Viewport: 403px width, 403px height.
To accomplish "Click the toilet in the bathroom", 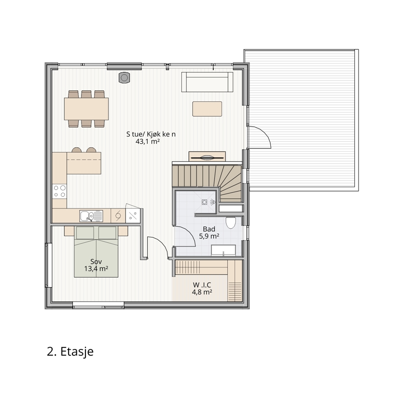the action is [231, 222].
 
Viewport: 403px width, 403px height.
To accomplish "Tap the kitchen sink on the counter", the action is [91, 216].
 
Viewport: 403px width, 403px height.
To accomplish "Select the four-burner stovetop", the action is [60, 192].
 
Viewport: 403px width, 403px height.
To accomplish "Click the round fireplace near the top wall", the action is [124, 78].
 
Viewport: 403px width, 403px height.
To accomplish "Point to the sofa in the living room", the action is [207, 82].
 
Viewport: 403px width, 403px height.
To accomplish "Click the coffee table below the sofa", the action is [207, 109].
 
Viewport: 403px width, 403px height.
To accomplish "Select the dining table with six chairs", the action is [86, 109].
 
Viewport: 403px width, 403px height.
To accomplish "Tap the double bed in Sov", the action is [96, 251].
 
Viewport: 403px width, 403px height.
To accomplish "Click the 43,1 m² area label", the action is [148, 141].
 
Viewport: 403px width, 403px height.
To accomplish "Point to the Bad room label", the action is [209, 229].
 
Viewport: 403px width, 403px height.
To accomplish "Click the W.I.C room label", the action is [202, 285].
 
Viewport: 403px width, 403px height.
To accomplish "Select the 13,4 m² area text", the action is [96, 269].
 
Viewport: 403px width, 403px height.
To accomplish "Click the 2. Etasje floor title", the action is [70, 351].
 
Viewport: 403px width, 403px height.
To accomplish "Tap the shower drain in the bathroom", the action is [204, 202].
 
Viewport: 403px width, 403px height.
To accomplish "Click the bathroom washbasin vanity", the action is [223, 250].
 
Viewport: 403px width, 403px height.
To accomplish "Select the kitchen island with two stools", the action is [84, 161].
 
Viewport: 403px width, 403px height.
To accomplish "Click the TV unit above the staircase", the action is [207, 156].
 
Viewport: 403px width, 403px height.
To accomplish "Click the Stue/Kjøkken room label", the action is [151, 134].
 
